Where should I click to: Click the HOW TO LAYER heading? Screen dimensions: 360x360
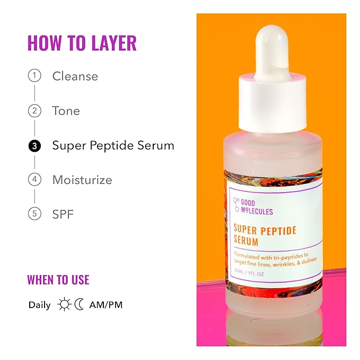82,43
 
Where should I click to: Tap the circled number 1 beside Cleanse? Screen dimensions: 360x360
34,76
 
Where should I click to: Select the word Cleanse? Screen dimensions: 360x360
75,76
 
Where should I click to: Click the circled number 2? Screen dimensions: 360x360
34,111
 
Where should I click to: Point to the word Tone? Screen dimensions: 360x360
66,111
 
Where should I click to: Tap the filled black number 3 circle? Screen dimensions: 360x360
34,145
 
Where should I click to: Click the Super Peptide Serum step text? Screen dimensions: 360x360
113,145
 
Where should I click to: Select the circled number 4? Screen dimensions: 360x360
34,180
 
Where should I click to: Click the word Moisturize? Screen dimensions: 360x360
82,180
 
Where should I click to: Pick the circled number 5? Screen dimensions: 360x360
34,214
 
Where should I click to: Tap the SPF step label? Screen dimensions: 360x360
63,214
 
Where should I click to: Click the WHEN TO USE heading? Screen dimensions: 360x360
58,280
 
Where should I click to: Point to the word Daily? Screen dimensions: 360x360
40,305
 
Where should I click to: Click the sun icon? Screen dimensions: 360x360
65,305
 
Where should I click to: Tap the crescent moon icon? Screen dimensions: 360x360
79,305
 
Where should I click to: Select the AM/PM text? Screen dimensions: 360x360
106,305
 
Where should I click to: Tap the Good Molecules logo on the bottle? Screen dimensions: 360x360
253,207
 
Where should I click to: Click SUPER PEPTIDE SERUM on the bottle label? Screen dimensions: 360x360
265,235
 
